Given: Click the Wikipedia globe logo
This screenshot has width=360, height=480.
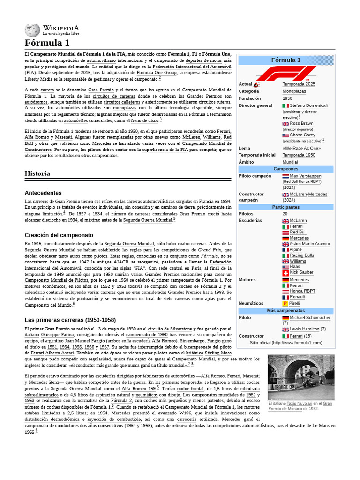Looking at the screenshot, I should pyautogui.click(x=32, y=30).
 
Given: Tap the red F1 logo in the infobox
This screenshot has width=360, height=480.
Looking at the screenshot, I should pyautogui.click(x=285, y=73).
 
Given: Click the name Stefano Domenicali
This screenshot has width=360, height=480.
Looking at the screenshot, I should pyautogui.click(x=308, y=105).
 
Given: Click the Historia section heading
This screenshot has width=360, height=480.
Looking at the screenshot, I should pyautogui.click(x=37, y=173).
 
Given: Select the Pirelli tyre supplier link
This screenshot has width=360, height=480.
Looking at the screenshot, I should pyautogui.click(x=294, y=303).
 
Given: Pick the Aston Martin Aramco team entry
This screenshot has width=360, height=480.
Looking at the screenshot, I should pyautogui.click(x=309, y=244).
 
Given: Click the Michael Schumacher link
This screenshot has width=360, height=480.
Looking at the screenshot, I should pyautogui.click(x=310, y=317).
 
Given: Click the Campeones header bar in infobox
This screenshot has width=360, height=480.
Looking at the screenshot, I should pyautogui.click(x=285, y=168).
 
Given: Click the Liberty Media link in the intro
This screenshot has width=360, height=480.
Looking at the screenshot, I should pyautogui.click(x=38, y=80).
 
